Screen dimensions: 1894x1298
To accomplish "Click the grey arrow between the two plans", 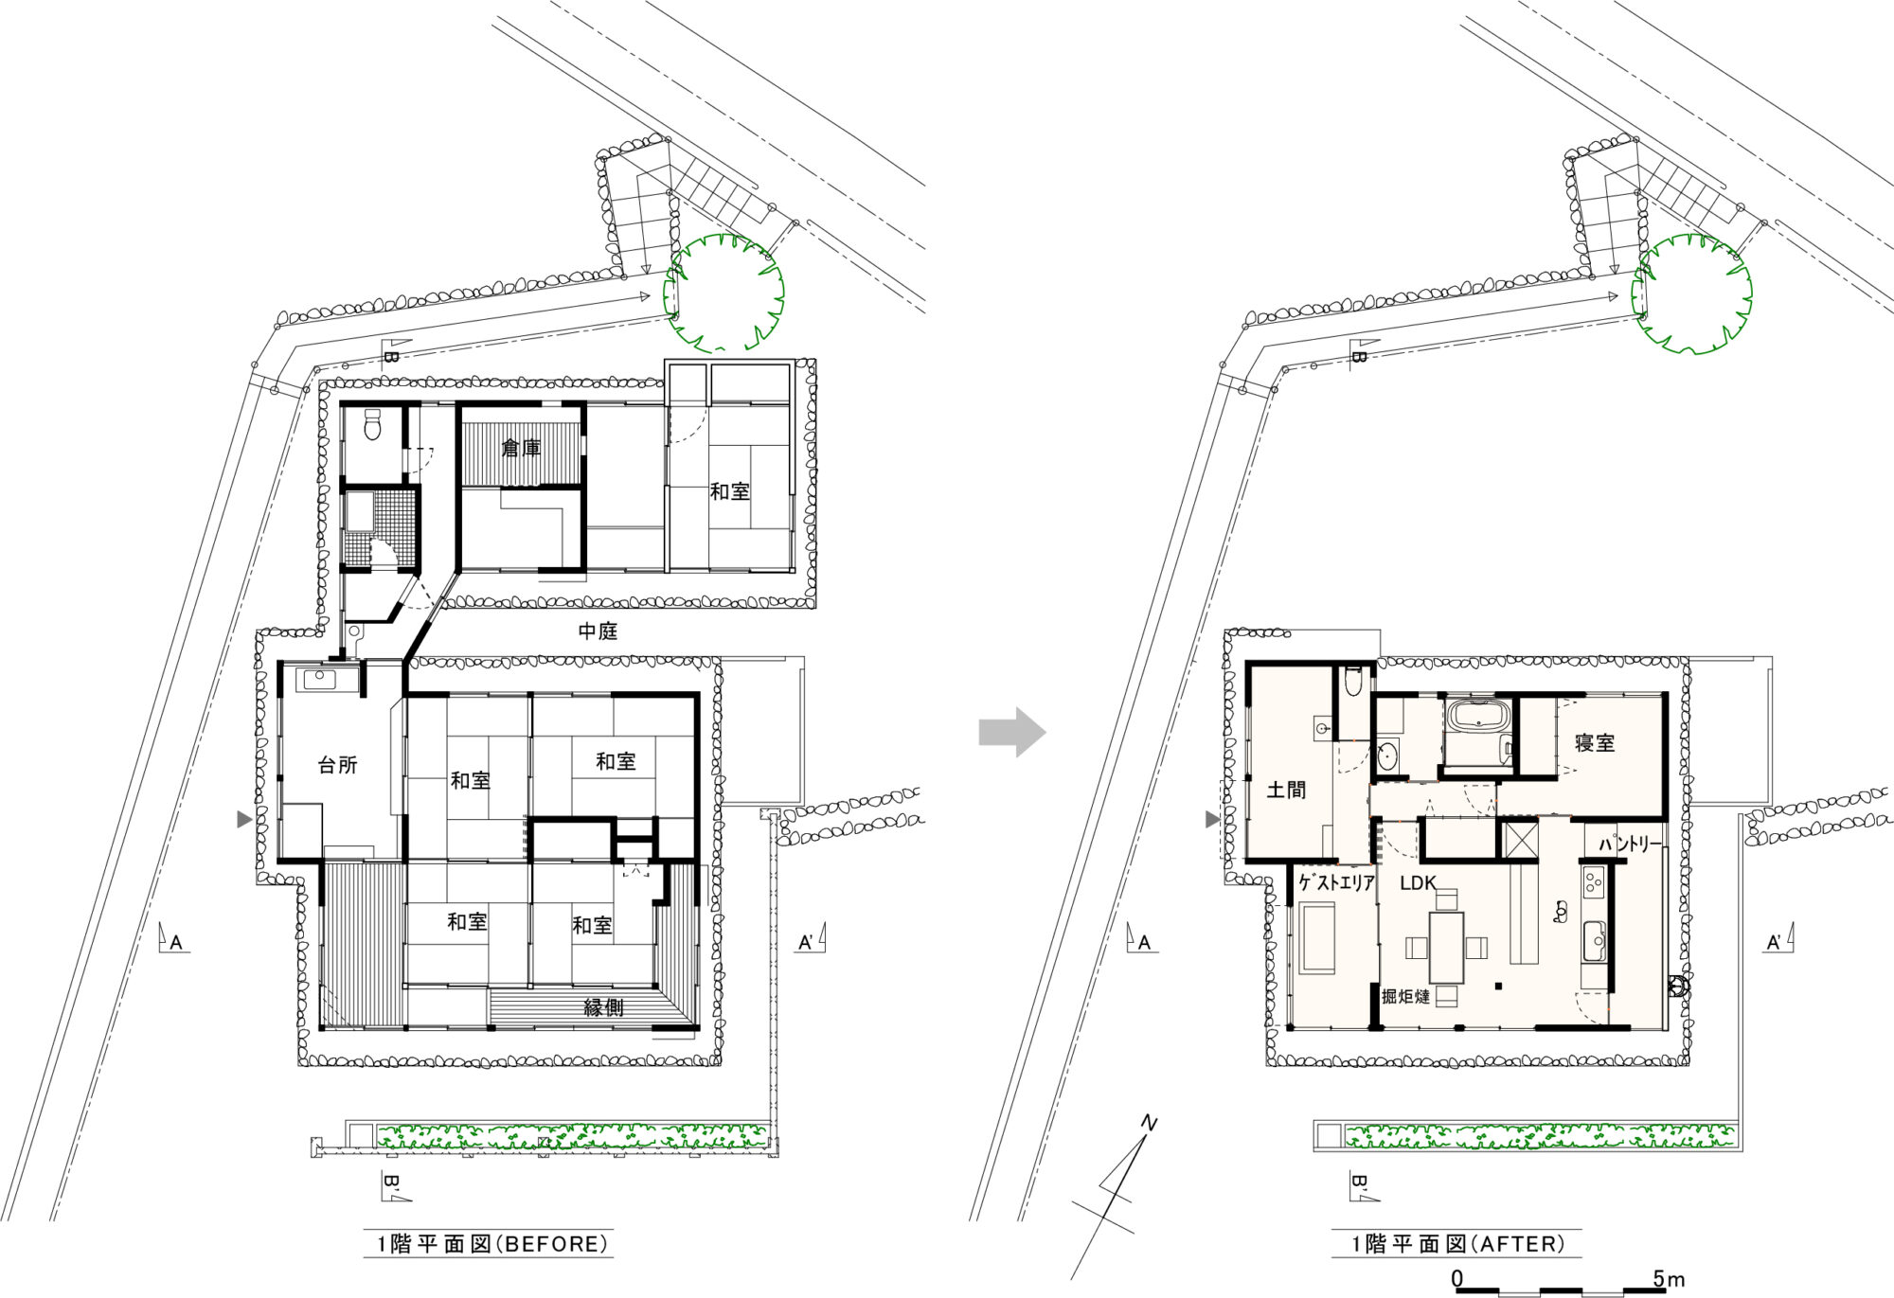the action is tap(1011, 732).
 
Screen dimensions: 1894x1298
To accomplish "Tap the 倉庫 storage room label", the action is tap(521, 447).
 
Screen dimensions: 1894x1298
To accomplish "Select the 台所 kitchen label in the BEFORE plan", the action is tap(337, 765).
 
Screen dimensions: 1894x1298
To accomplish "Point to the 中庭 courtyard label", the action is tap(598, 631).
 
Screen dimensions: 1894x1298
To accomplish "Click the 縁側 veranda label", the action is tap(604, 1007).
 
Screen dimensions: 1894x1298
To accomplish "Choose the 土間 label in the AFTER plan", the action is tap(1286, 790).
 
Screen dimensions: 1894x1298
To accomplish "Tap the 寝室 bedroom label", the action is tap(1595, 743).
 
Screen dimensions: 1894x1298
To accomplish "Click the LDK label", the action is tap(1419, 883).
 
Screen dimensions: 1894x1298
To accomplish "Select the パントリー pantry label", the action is tap(1631, 844).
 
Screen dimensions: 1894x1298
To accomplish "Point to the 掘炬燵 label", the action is tap(1405, 996).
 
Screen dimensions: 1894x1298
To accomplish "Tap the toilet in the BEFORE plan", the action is tap(372, 425).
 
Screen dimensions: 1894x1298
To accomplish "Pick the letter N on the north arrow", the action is tap(1149, 1124).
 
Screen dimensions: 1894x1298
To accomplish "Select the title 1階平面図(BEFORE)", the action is tap(489, 1244).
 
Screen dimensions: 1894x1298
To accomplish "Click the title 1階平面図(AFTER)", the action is tap(1456, 1244).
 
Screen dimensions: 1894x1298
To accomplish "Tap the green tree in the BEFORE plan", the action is tap(724, 293).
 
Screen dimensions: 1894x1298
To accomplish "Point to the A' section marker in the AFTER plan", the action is tap(1779, 940).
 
